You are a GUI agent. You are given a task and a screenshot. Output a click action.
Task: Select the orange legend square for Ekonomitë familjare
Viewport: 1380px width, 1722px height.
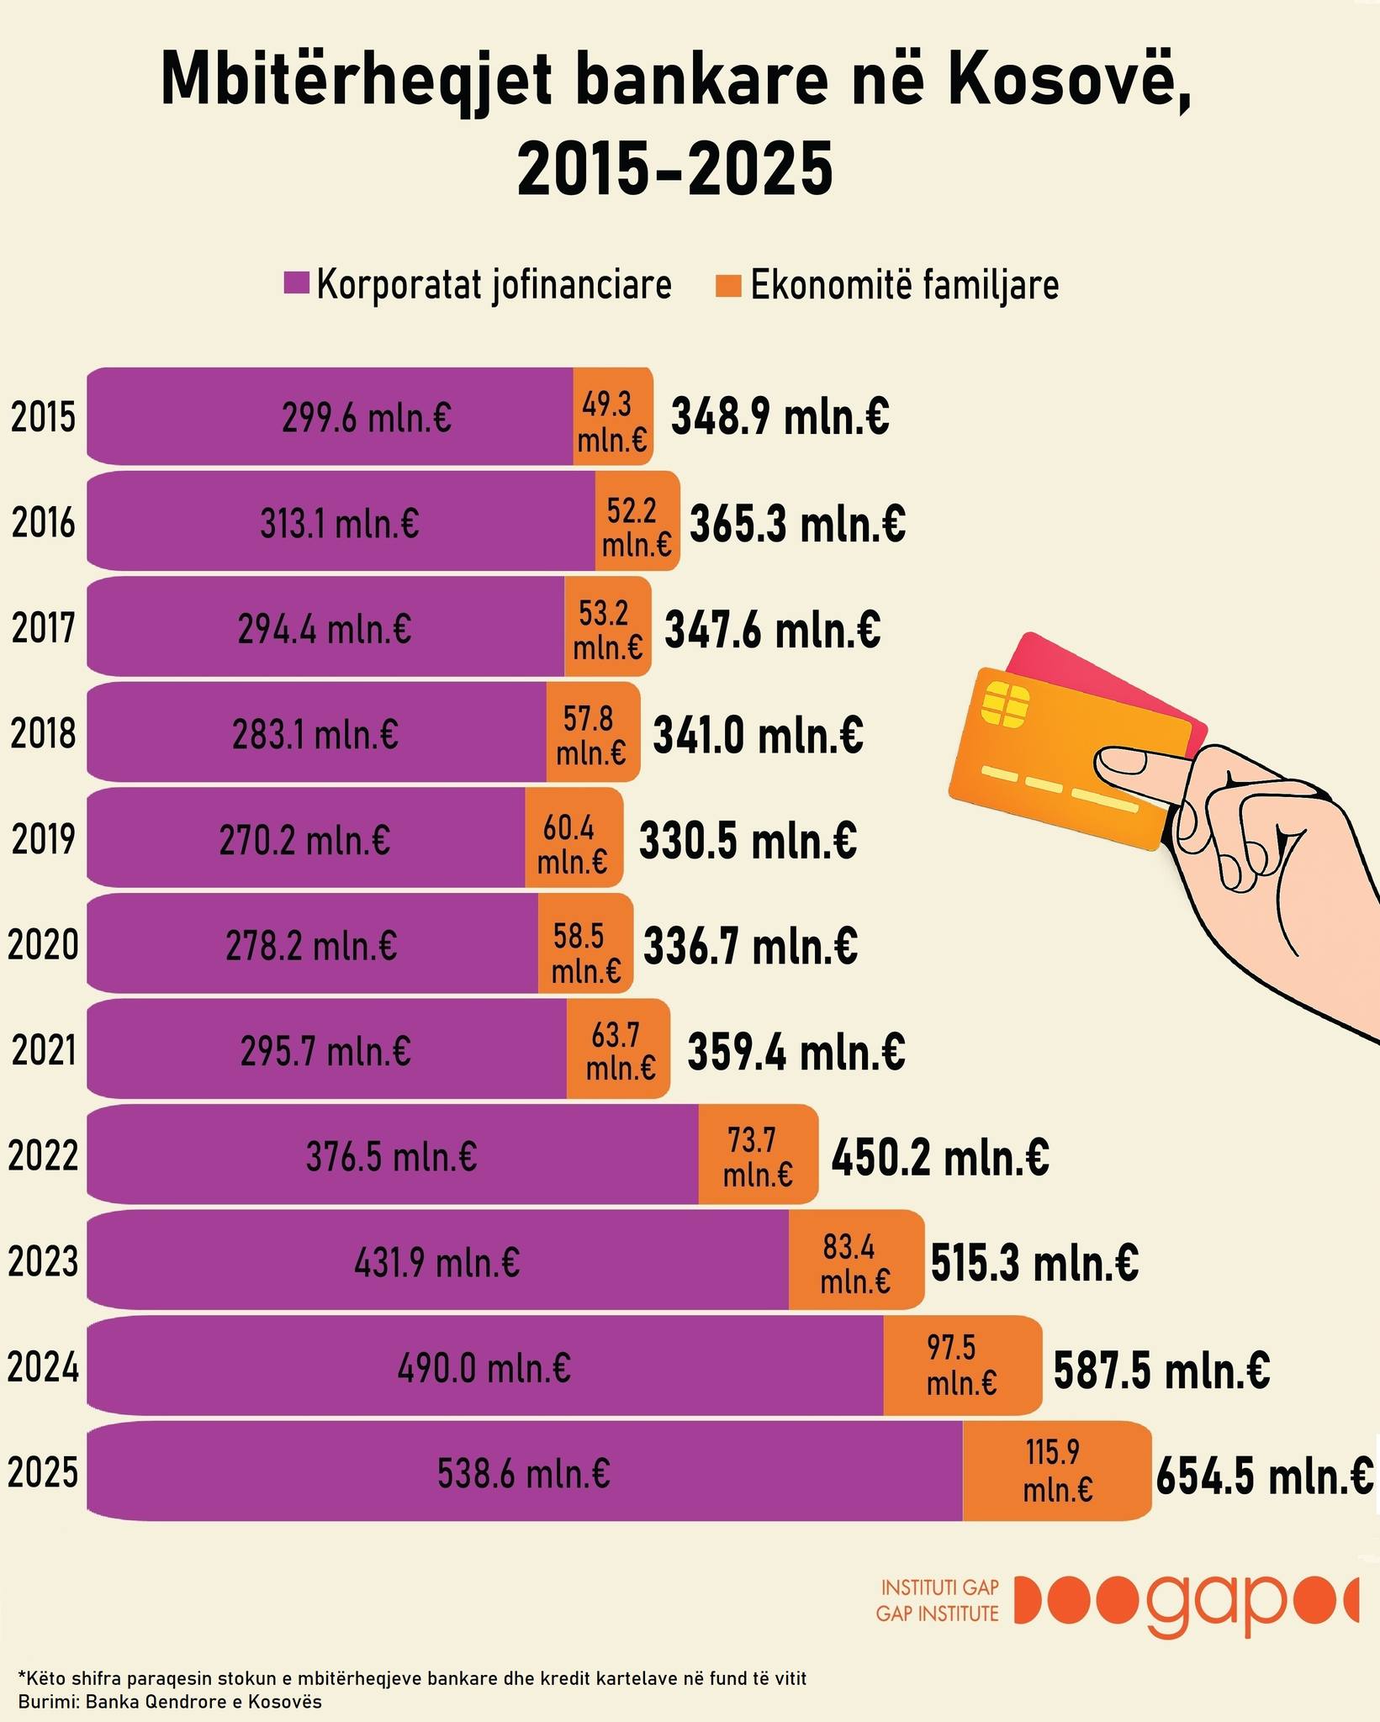click(728, 284)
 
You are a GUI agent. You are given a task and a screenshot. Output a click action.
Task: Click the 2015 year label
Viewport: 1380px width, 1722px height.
click(43, 418)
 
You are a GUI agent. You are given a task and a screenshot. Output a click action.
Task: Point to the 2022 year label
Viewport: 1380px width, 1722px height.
click(43, 1155)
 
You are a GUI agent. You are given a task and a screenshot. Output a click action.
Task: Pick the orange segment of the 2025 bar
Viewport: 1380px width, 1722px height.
click(1056, 1471)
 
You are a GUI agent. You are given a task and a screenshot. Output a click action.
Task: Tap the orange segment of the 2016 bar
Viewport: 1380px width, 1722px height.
click(637, 522)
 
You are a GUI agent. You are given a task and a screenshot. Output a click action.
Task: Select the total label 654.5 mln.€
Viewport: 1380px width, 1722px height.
click(1264, 1476)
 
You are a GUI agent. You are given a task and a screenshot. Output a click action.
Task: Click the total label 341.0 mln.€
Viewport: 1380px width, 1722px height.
click(758, 735)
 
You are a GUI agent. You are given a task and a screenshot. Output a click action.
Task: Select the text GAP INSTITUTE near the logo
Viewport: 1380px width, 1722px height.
click(937, 1614)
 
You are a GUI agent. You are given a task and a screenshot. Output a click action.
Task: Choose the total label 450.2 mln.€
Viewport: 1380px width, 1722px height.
click(940, 1158)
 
